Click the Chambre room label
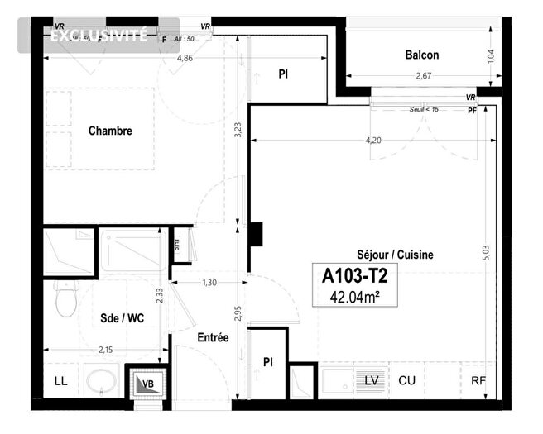[110, 131]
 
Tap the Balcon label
[421, 55]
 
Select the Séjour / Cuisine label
[395, 255]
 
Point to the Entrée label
[213, 337]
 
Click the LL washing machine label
[60, 381]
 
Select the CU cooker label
[406, 380]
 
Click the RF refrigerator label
[478, 380]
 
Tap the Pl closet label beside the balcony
[282, 74]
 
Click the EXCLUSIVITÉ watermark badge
[99, 36]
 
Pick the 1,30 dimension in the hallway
[209, 284]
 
